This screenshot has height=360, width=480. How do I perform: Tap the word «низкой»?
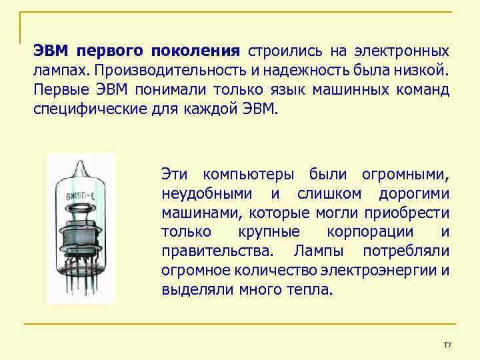click(x=423, y=70)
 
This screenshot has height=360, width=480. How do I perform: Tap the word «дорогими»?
click(x=414, y=195)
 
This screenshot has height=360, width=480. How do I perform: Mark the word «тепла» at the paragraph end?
click(x=311, y=291)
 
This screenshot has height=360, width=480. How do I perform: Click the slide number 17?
click(x=447, y=344)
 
